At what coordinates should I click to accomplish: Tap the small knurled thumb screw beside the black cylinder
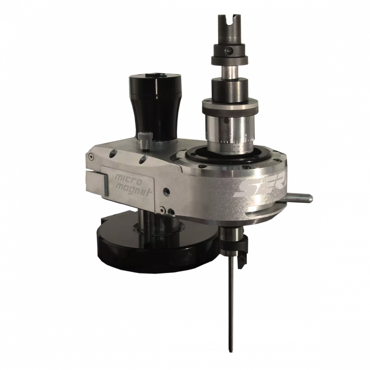pos(143,139)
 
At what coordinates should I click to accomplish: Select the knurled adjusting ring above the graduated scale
pos(229,107)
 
